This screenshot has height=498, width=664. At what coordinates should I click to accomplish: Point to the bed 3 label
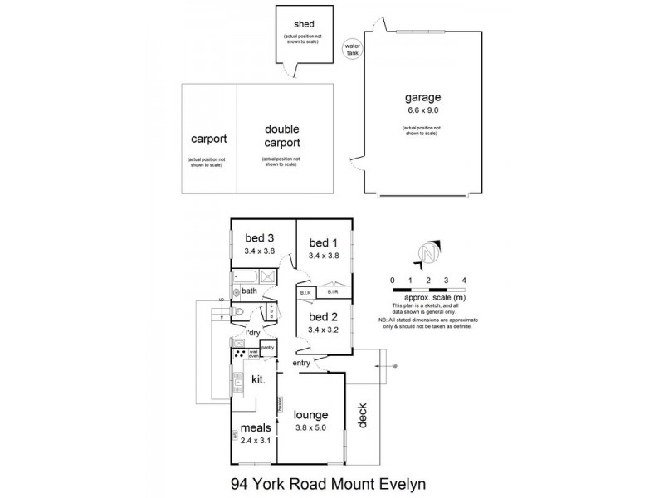click(258, 239)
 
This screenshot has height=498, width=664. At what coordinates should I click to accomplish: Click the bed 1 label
click(324, 242)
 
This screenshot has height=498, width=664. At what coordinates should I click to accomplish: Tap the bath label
click(249, 290)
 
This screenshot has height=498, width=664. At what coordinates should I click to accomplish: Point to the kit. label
click(257, 379)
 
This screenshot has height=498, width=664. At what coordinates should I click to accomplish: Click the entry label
click(301, 364)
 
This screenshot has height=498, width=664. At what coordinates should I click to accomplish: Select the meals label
click(256, 429)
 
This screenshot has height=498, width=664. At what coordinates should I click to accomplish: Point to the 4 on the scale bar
click(464, 281)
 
